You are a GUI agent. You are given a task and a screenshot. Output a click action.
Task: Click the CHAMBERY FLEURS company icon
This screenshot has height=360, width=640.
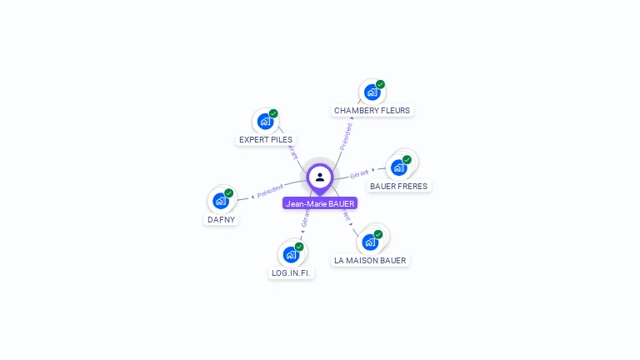point(372,92)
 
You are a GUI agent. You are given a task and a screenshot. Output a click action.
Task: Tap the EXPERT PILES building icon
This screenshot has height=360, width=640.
point(265,122)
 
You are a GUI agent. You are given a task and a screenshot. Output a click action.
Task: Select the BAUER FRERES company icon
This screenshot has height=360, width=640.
point(398,167)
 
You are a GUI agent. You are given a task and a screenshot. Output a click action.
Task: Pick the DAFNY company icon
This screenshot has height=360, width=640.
point(220,201)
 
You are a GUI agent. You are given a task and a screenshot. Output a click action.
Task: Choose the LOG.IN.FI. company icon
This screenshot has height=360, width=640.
point(290,254)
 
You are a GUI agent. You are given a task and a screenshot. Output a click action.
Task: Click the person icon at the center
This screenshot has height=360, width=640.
point(320,177)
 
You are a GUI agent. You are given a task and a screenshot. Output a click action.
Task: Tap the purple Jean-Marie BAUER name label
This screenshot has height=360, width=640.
point(320,203)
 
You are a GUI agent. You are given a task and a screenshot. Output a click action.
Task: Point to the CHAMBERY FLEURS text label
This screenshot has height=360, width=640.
point(372,110)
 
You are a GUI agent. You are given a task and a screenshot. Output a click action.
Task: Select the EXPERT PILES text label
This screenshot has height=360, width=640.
point(266,139)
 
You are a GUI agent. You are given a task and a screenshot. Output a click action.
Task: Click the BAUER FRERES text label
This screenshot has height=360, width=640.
point(399,186)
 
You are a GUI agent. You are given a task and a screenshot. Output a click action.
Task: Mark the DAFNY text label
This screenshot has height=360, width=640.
point(221,219)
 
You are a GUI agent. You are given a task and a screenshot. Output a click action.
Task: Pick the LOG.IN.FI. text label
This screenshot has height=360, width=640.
point(292,272)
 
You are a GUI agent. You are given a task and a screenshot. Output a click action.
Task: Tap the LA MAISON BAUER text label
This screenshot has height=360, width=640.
point(370,260)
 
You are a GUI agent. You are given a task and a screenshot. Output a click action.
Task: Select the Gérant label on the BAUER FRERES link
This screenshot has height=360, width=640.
point(359,174)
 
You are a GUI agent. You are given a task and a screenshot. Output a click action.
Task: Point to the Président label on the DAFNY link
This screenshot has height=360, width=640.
point(270,191)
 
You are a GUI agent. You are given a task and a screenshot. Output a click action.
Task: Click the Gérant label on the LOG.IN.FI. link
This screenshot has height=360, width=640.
point(305,218)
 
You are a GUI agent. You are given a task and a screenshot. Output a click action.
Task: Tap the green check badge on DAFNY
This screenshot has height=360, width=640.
point(229,193)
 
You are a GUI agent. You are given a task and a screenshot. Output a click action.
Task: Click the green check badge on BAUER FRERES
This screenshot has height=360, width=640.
point(407,160)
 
